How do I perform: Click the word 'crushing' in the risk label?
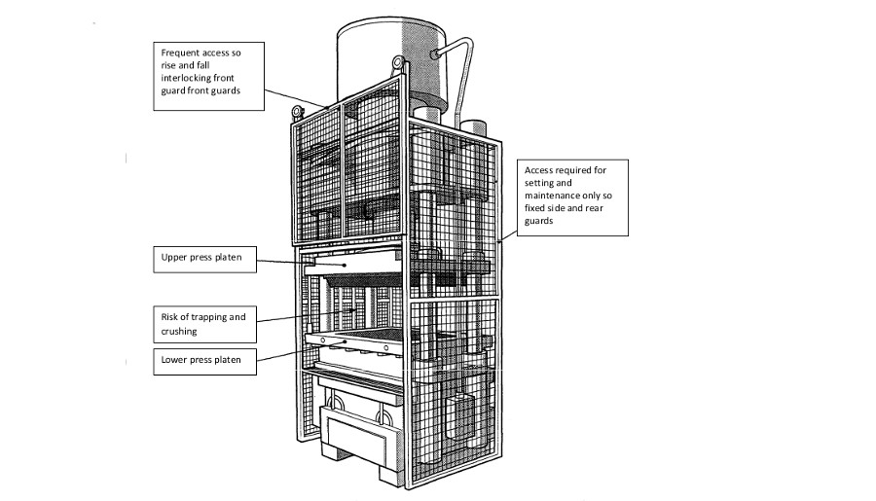click(178, 332)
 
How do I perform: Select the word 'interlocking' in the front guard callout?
click(190, 78)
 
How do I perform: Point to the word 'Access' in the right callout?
click(541, 169)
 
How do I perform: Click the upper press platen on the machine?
click(350, 264)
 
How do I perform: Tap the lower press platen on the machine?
click(355, 344)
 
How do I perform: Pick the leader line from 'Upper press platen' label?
click(292, 263)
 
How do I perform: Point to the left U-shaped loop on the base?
click(336, 402)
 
